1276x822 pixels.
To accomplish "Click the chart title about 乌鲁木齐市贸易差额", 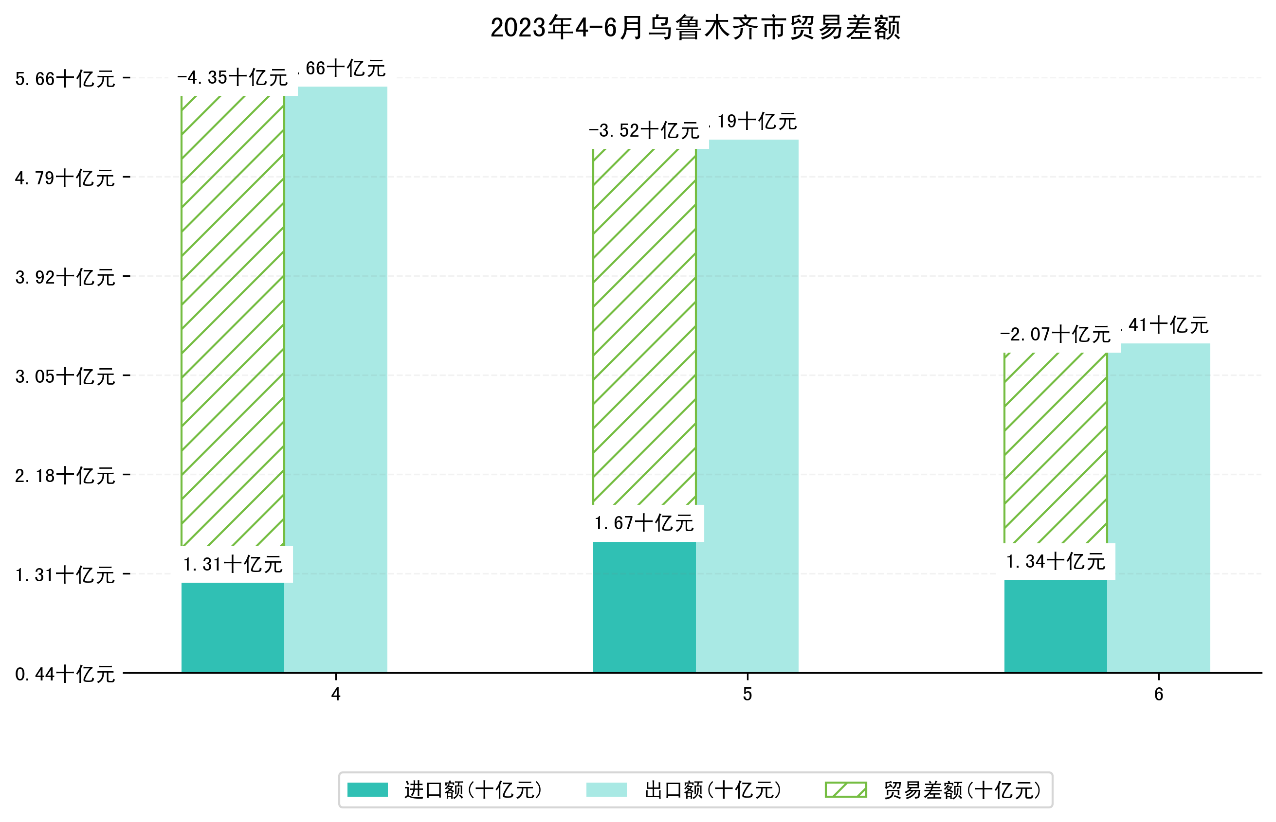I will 695,28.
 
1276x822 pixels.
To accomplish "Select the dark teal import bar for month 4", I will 233,627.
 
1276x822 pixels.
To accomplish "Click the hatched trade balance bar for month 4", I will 233,320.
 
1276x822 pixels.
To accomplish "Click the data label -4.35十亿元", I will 233,78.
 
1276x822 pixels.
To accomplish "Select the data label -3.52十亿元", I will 644,131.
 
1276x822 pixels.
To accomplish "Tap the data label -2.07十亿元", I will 1055,335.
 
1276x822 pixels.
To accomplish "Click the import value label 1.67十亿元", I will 644,523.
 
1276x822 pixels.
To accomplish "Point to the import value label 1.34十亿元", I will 1055,561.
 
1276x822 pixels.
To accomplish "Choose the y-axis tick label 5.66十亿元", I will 65,79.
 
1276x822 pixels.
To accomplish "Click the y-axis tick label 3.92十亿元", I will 65,278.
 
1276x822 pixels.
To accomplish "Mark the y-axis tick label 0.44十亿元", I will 65,674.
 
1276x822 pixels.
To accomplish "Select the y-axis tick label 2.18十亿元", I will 65,476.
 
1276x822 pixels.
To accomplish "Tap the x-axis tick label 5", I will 747,695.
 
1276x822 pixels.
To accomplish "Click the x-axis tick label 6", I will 1158,695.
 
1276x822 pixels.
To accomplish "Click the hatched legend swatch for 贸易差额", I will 845,789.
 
